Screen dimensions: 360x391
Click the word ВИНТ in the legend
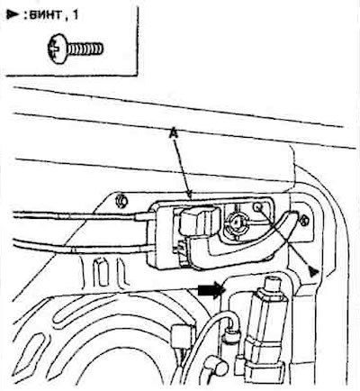coord(46,14)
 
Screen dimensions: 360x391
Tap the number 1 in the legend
coord(75,14)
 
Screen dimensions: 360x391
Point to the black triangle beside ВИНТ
coord(12,14)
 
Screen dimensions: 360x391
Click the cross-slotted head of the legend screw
coord(57,49)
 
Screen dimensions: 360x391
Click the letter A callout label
coord(174,133)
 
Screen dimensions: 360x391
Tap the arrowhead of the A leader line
coord(189,195)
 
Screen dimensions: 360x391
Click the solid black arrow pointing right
coord(211,291)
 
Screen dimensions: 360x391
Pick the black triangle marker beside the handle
coord(313,271)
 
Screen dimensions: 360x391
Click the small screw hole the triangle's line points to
coord(257,206)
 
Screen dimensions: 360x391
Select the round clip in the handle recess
coord(237,223)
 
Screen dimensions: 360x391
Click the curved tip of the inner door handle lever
coord(292,215)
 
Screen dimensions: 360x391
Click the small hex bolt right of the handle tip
coord(303,220)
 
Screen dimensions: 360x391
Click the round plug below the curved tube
coord(221,366)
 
